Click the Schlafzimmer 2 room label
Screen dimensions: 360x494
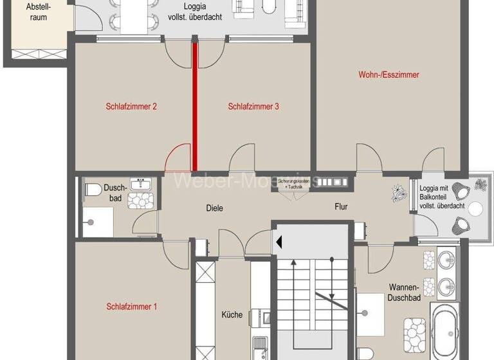131,107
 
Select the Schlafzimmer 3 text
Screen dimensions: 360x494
253,107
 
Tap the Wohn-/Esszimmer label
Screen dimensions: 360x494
389,75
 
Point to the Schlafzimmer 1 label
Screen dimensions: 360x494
131,307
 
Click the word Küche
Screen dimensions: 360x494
232,314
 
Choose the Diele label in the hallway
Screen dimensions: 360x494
214,208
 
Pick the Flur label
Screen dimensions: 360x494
341,207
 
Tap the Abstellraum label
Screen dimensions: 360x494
38,12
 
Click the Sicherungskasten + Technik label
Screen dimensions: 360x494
293,183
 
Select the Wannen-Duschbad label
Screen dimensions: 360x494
404,292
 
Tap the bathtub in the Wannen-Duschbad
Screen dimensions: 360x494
444,332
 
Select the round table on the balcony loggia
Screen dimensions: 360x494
476,208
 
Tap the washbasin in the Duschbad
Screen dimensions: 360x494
140,185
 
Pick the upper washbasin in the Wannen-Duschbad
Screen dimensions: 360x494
446,260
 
